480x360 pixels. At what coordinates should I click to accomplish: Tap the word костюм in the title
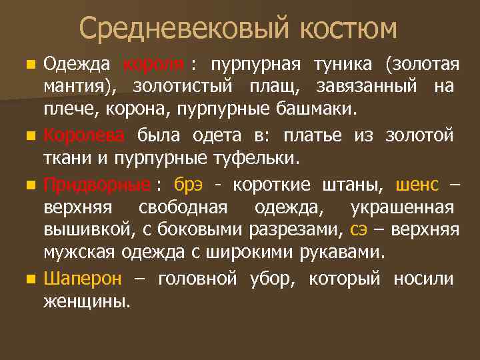point(347,29)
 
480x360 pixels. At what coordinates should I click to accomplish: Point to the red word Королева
point(83,135)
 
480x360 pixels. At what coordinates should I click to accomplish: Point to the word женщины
point(86,301)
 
